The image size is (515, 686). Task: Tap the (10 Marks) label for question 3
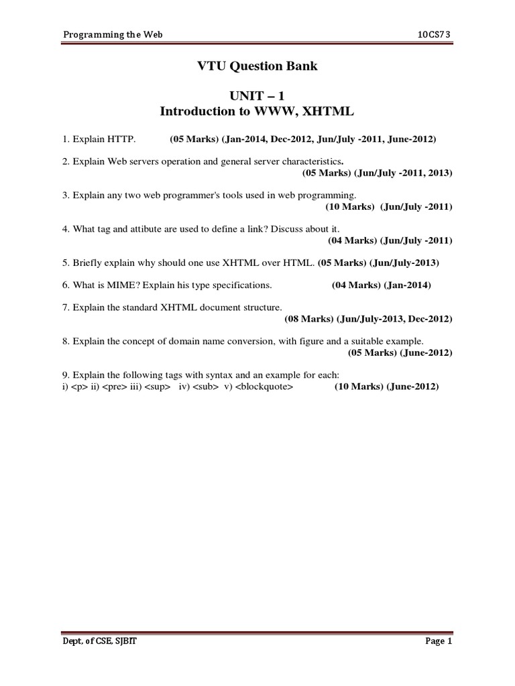point(349,206)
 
